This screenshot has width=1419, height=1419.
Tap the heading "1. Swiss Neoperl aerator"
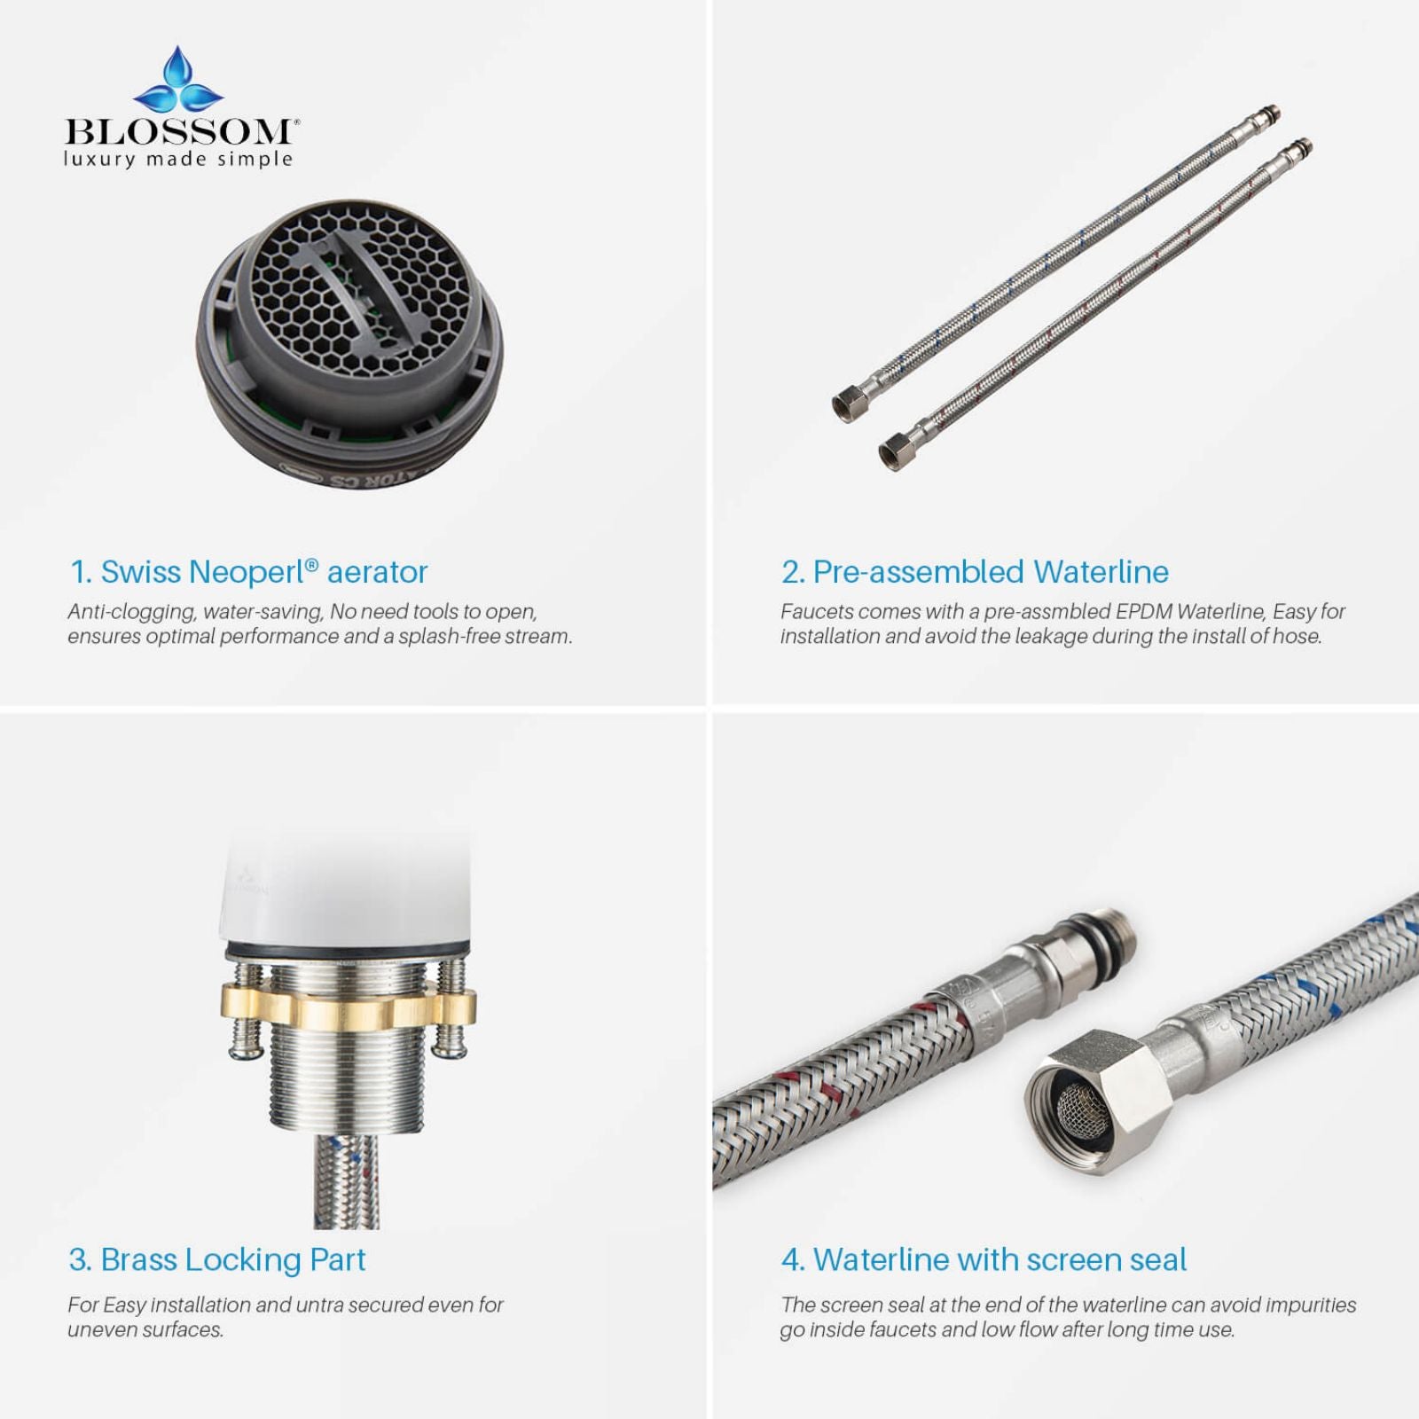(249, 572)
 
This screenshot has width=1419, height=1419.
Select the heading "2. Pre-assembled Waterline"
(975, 572)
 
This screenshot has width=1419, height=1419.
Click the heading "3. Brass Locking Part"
(217, 1259)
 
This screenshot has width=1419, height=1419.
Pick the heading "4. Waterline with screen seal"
(984, 1259)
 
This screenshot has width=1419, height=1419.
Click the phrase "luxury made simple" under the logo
(177, 160)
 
